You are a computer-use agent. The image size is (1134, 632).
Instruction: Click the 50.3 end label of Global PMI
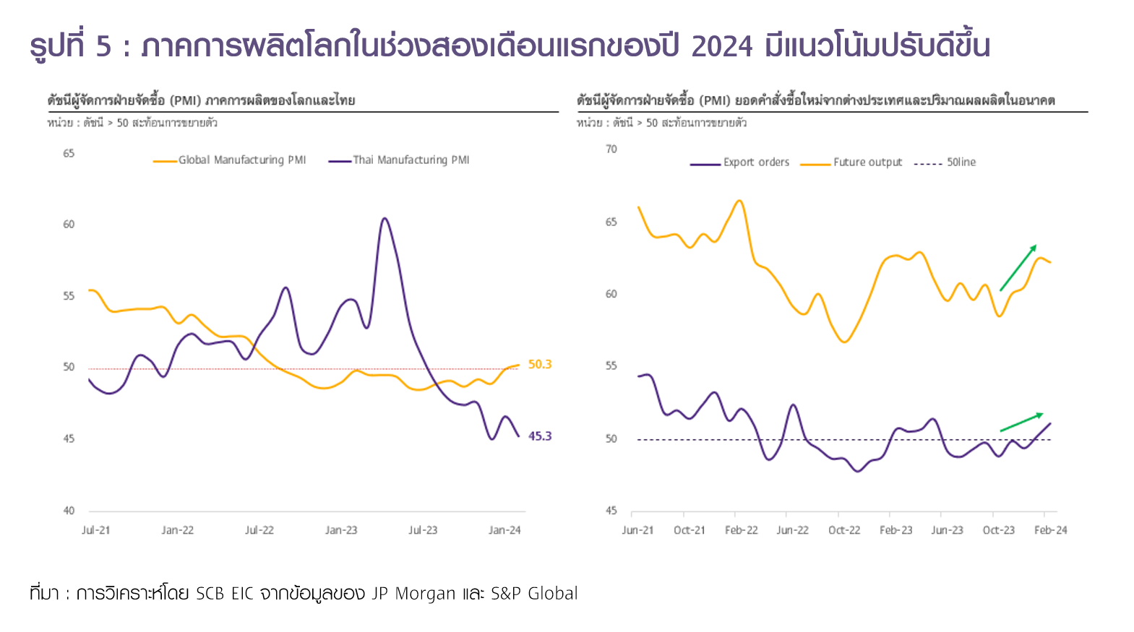[x=539, y=364]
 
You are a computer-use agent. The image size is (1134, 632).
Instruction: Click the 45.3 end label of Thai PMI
[x=539, y=436]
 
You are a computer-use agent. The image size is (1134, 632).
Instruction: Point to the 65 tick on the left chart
[x=69, y=153]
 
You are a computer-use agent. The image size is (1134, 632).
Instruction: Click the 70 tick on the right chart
[x=611, y=149]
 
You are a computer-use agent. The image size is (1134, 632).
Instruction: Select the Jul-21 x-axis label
[x=96, y=530]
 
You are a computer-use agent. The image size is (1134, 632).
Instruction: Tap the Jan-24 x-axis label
[x=504, y=530]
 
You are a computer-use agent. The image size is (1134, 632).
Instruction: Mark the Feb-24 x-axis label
[x=1050, y=530]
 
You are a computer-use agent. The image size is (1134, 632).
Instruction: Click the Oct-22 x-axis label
[x=844, y=530]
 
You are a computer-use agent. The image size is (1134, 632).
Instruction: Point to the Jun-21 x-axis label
[x=637, y=530]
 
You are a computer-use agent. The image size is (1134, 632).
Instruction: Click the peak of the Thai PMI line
[x=385, y=218]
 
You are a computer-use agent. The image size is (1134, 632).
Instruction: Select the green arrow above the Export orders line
[x=1021, y=422]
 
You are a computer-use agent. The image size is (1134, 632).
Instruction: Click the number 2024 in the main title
[x=722, y=46]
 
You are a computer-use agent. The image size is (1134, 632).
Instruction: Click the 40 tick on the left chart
[x=69, y=511]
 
